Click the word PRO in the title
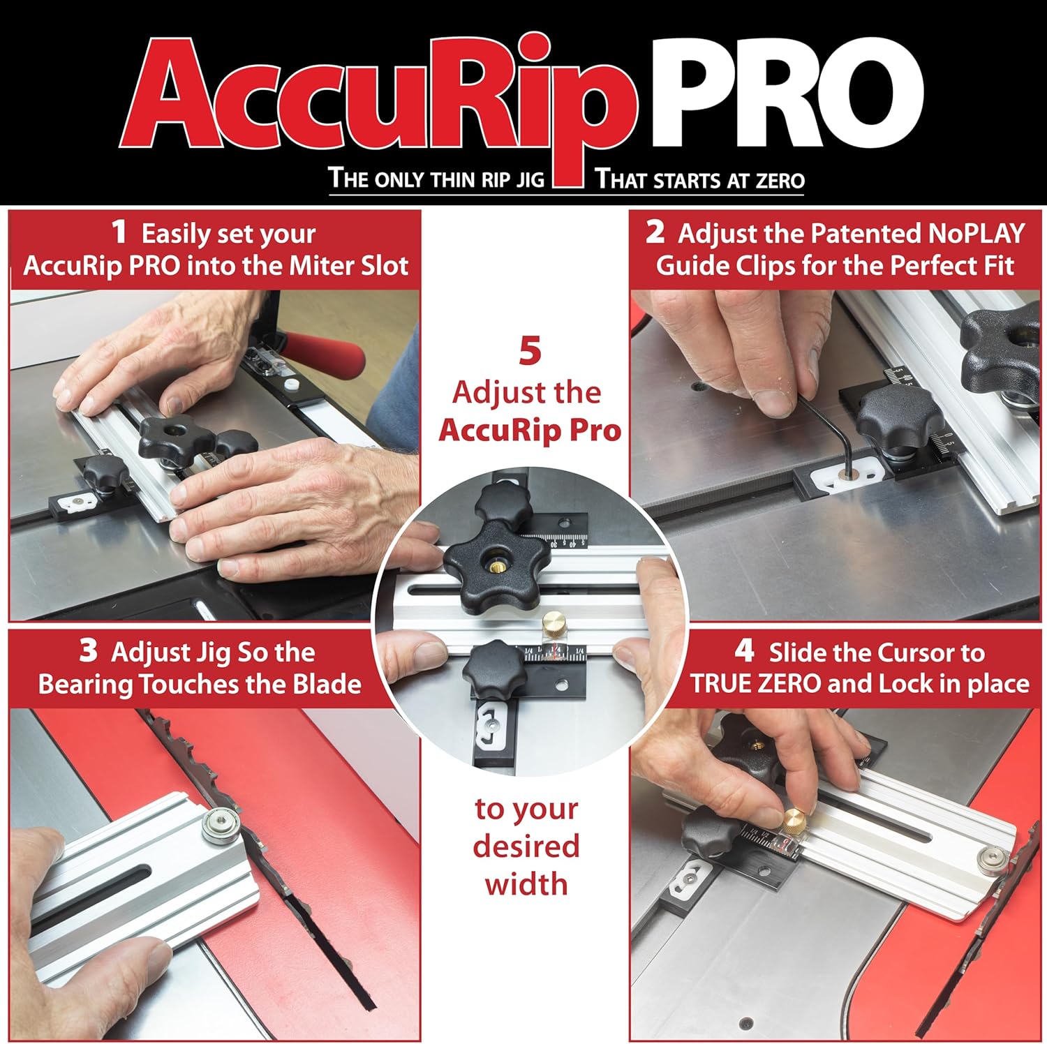click(x=785, y=92)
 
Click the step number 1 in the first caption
click(x=119, y=232)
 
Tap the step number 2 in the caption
click(x=655, y=232)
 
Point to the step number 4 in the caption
click(x=744, y=651)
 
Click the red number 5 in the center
click(x=530, y=351)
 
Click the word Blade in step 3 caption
click(x=326, y=684)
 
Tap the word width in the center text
click(x=526, y=884)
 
